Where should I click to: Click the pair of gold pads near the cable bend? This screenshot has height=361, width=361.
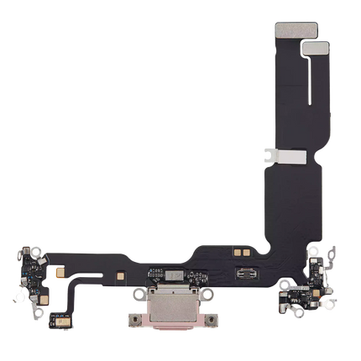[x=242, y=250]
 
